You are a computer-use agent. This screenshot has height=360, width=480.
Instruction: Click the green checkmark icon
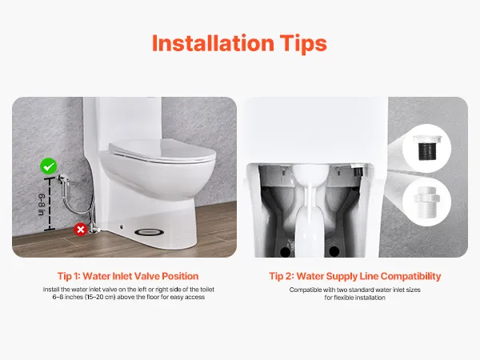(x=48, y=166)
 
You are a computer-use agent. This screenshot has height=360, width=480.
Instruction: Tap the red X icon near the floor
(x=81, y=230)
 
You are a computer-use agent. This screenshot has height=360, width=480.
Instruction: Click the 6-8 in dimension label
(x=42, y=205)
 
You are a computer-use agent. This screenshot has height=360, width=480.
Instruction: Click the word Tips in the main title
(x=303, y=44)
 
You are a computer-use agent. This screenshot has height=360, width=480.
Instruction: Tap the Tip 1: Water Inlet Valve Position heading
(x=128, y=276)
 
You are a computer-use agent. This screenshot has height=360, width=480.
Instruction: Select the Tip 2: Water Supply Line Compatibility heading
(x=354, y=276)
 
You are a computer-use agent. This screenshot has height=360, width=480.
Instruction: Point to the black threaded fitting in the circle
(x=426, y=148)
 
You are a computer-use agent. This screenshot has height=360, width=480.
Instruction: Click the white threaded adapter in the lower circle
(x=426, y=202)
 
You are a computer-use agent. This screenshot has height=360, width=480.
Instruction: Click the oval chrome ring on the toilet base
(x=149, y=232)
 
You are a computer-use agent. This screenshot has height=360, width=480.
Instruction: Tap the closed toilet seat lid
(x=162, y=150)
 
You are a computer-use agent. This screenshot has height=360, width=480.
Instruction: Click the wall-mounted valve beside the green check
(x=62, y=178)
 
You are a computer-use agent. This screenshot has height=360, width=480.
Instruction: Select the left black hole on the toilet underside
(x=286, y=252)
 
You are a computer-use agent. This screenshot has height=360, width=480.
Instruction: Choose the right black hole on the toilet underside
(x=334, y=252)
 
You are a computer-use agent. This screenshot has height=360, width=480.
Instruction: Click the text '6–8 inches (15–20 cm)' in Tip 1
(x=84, y=297)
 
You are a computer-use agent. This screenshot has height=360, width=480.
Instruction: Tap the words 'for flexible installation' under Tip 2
(x=354, y=298)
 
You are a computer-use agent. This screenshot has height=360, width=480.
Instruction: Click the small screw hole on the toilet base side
(x=122, y=227)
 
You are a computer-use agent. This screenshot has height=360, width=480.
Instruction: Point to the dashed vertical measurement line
(x=50, y=203)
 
